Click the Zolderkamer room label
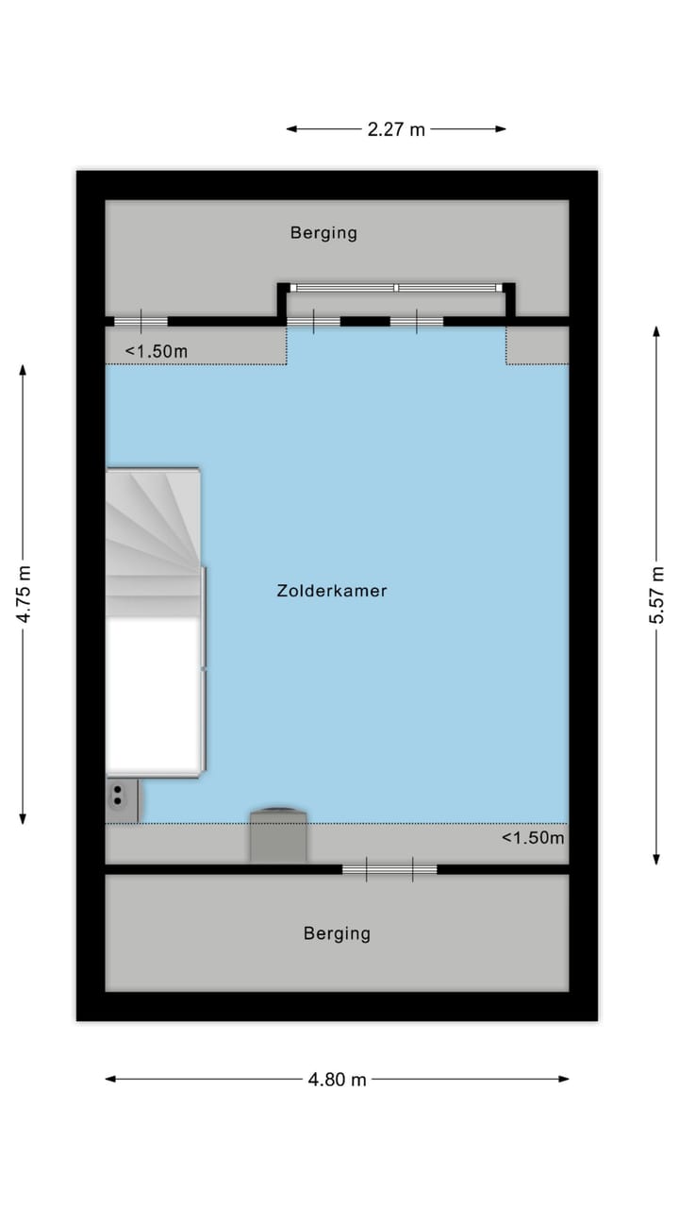pos(332,592)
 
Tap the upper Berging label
pos(323,232)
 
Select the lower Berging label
pos(337,933)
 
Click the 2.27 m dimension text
pos(396,129)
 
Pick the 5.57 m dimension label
pos(657,595)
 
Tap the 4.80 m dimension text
pos(337,1080)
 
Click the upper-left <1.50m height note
pos(157,352)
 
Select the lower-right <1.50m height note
pos(533,837)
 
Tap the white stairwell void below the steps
pos(154,694)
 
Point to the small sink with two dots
pos(120,797)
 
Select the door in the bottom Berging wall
pos(389,869)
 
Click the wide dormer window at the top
pos(396,287)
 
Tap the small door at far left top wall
pos(141,322)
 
